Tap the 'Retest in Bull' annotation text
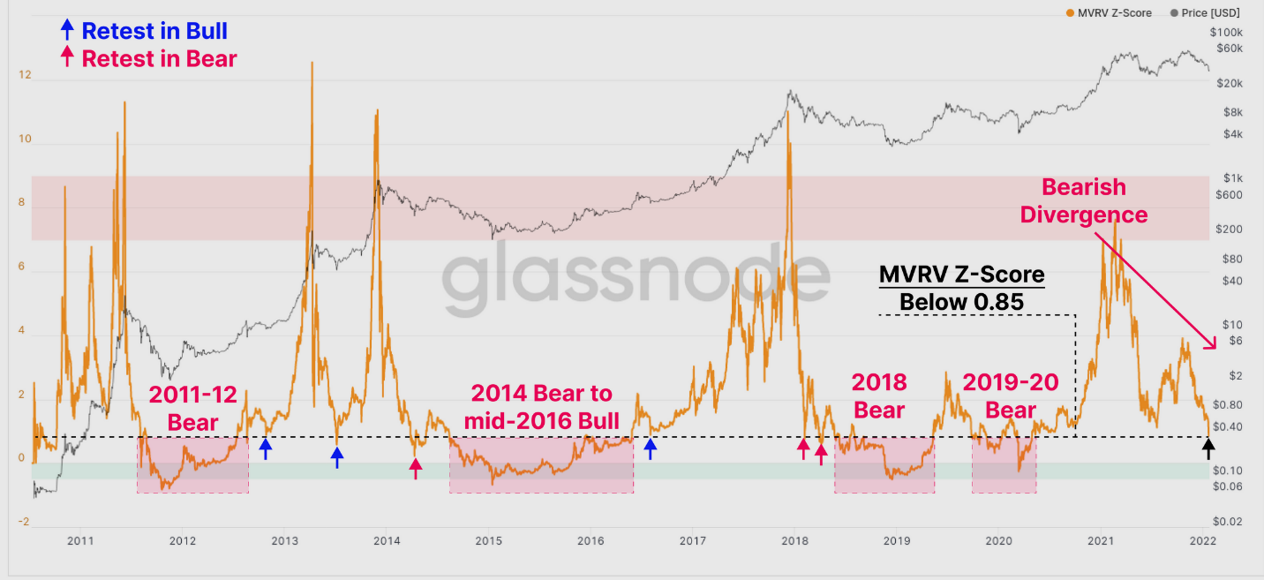(154, 31)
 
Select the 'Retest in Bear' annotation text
(159, 58)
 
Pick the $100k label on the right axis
(1228, 32)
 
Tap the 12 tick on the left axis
(25, 76)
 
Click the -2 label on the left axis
(25, 523)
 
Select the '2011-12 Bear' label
(192, 408)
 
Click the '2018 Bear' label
(879, 395)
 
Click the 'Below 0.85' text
(961, 302)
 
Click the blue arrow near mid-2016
(651, 448)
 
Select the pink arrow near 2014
(416, 467)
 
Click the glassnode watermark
(636, 274)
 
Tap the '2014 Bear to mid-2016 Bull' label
(541, 404)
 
